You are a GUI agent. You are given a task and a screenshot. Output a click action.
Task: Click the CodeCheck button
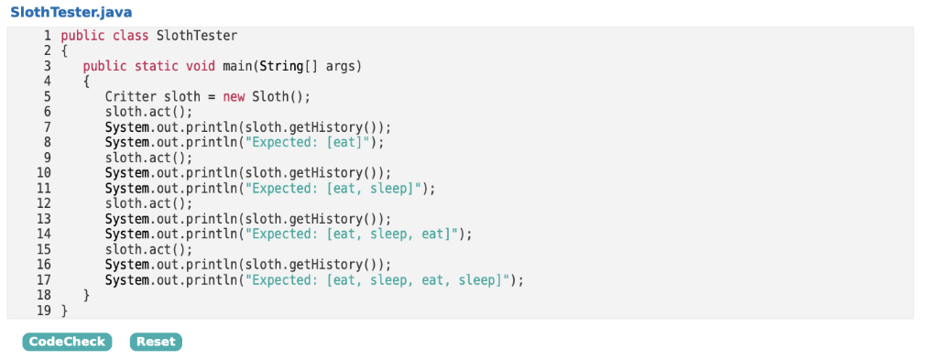click(66, 342)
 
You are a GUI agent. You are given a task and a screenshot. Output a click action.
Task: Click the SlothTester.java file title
click(71, 12)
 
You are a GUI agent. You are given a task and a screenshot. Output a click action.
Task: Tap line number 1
click(46, 36)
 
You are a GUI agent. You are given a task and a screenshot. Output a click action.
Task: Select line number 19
click(43, 311)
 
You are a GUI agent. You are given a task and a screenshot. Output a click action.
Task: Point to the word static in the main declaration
click(157, 66)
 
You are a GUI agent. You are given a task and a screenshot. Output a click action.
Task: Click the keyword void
click(201, 66)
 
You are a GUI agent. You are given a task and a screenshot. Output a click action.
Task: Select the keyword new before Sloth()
click(234, 97)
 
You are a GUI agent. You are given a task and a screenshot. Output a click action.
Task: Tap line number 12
click(43, 203)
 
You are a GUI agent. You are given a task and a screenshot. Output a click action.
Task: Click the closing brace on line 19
click(64, 311)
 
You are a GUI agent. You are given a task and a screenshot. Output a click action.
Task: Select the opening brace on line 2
click(64, 51)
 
